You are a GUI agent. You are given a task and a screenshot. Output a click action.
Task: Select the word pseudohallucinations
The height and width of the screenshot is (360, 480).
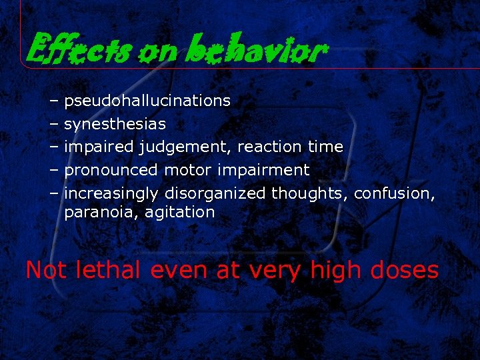point(147,101)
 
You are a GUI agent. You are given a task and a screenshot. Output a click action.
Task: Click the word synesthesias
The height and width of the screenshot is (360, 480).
point(115,124)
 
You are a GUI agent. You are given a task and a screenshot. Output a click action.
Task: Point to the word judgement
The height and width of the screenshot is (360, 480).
point(185,147)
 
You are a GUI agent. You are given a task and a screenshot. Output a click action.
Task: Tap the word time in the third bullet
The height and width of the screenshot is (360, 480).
point(326,147)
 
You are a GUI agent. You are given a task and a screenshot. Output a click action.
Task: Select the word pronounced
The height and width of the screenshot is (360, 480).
point(111,170)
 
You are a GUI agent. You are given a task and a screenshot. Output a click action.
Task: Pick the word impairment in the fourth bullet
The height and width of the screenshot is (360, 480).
point(264,170)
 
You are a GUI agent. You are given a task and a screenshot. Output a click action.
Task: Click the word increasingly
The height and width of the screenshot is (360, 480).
point(111,193)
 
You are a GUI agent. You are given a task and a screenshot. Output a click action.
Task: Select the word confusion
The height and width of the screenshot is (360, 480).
point(395,193)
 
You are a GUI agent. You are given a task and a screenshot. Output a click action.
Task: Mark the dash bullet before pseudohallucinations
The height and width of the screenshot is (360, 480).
point(53,101)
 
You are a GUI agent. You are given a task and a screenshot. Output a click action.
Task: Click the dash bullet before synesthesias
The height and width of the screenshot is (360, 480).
point(53,124)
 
